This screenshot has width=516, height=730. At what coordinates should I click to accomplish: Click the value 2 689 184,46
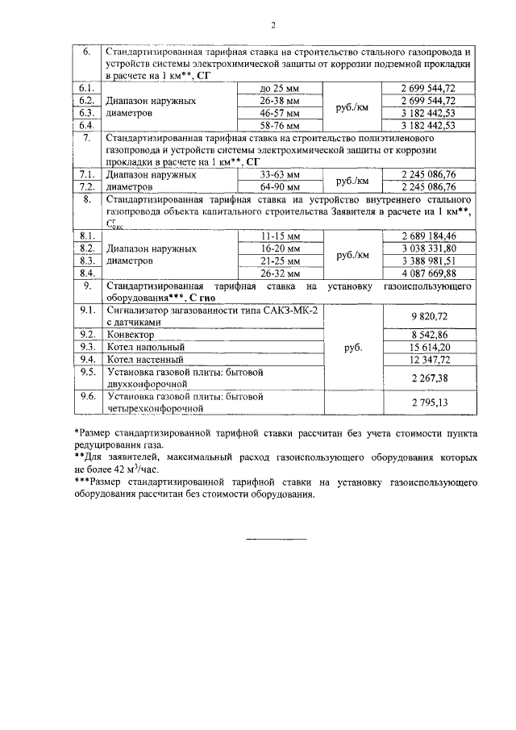point(428,236)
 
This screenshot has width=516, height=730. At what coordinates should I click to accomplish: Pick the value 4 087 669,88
point(428,273)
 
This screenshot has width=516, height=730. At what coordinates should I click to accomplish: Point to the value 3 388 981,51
point(428,261)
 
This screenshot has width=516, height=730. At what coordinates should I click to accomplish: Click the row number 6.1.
point(86,88)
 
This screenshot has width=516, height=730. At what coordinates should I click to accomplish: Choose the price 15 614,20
point(428,347)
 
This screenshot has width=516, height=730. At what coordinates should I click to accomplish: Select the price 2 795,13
point(428,402)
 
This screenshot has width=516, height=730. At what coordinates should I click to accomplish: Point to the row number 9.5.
point(86,372)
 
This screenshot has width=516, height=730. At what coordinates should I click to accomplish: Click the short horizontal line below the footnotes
point(276,538)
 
